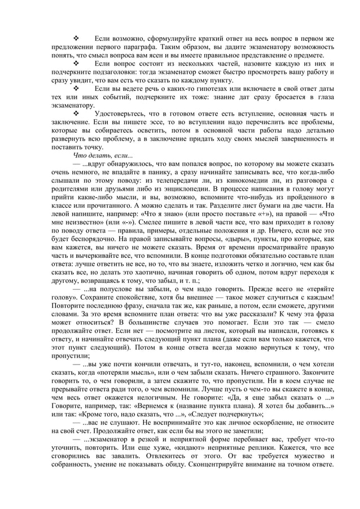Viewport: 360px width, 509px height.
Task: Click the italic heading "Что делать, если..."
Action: coord(103,155)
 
